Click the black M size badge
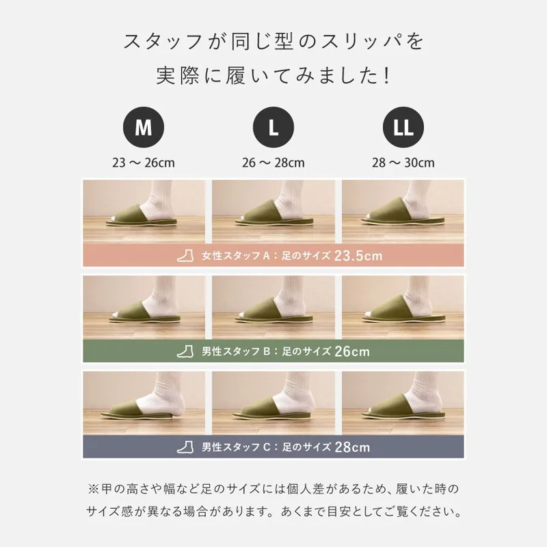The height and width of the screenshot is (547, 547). pyautogui.click(x=144, y=127)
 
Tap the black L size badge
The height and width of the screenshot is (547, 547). pyautogui.click(x=273, y=127)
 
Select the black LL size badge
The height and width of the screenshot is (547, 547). pyautogui.click(x=403, y=127)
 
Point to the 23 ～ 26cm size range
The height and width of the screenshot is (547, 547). pyautogui.click(x=144, y=163)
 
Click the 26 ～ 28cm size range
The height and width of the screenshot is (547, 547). pyautogui.click(x=273, y=163)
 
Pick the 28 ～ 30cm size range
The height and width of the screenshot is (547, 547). pyautogui.click(x=403, y=163)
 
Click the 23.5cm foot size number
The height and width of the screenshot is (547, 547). pyautogui.click(x=358, y=256)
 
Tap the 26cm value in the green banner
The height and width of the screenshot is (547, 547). pyautogui.click(x=352, y=351)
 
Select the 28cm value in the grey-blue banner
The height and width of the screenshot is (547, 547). pyautogui.click(x=352, y=447)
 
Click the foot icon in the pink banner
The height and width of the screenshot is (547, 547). pyautogui.click(x=185, y=256)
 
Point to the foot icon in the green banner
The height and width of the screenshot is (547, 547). pyautogui.click(x=185, y=351)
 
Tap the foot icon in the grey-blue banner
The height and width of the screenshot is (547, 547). pyautogui.click(x=185, y=447)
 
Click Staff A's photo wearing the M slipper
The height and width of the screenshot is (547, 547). pyautogui.click(x=144, y=211)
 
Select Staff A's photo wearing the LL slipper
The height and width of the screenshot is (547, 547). pyautogui.click(x=403, y=211)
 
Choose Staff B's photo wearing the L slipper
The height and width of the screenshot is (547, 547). pyautogui.click(x=273, y=307)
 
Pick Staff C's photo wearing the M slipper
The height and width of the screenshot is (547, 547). pyautogui.click(x=144, y=403)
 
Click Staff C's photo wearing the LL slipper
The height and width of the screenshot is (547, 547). pyautogui.click(x=403, y=403)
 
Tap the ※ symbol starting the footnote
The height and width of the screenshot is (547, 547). pyautogui.click(x=93, y=489)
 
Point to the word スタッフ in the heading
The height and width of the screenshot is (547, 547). pyautogui.click(x=163, y=41)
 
